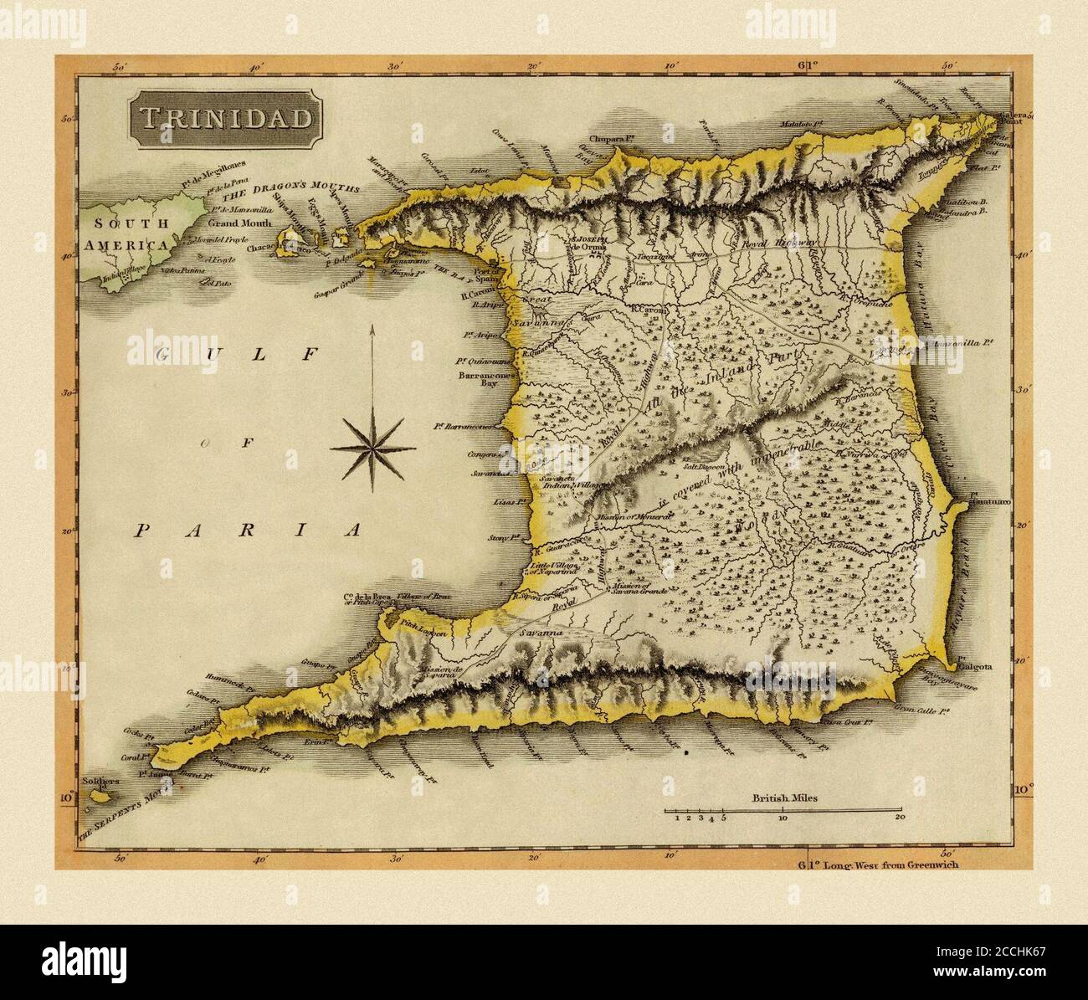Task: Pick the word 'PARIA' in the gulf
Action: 249,530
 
